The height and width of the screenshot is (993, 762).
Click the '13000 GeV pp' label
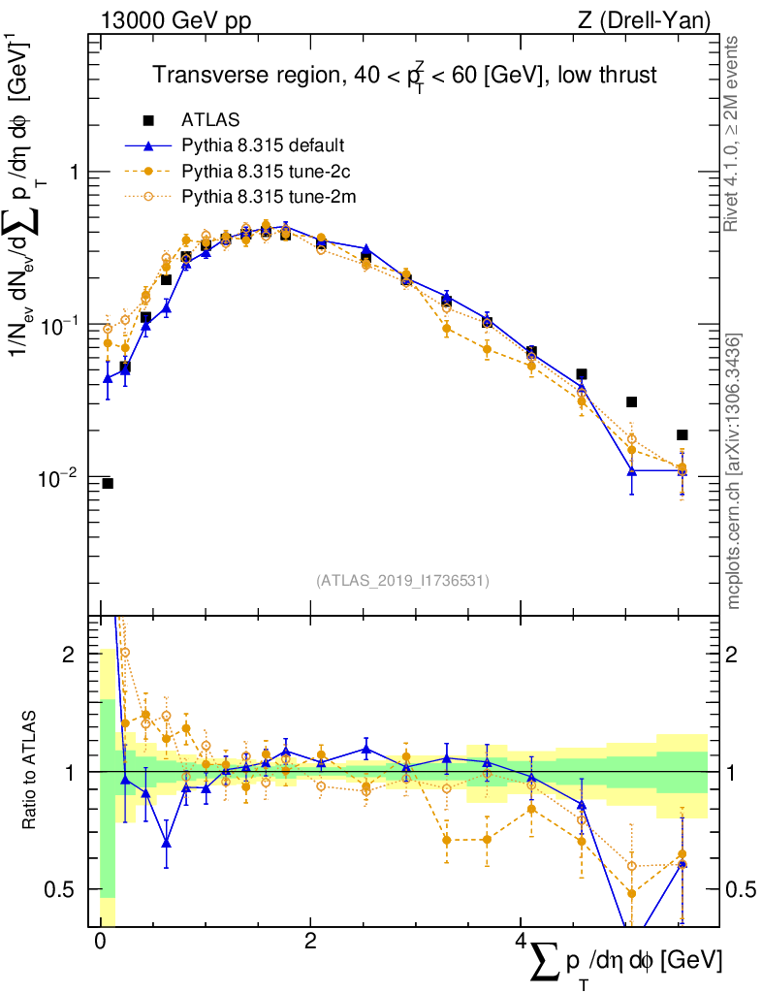tap(175, 20)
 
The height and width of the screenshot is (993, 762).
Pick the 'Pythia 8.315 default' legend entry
tap(263, 145)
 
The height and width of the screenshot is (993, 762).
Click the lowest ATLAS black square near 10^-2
tap(108, 483)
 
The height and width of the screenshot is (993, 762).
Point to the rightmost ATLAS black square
tap(683, 434)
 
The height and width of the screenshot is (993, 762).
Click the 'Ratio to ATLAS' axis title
tap(31, 772)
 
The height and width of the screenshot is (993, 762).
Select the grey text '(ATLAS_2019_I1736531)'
tap(402, 581)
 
